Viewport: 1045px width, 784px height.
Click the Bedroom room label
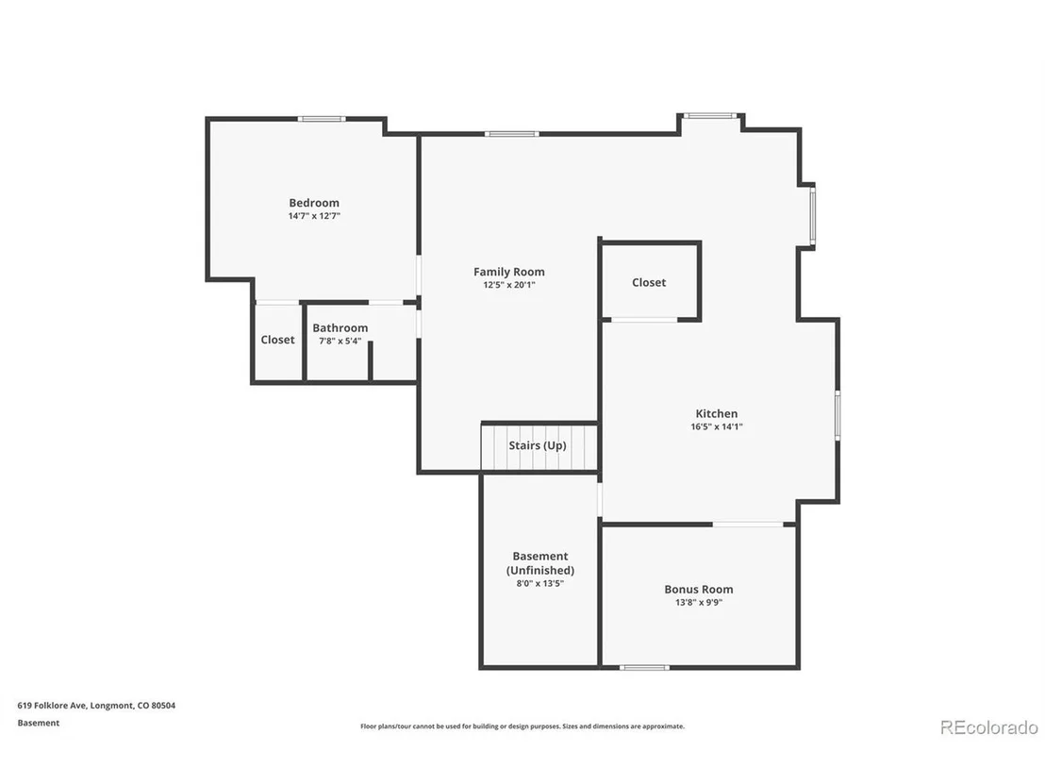pyautogui.click(x=314, y=203)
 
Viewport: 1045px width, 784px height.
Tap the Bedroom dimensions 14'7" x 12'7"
pyautogui.click(x=314, y=216)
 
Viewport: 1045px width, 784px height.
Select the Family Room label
pyautogui.click(x=509, y=272)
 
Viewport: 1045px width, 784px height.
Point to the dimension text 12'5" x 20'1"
pyautogui.click(x=509, y=285)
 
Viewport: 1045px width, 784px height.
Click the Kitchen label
pyautogui.click(x=717, y=413)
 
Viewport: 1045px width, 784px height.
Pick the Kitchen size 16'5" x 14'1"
pyautogui.click(x=717, y=426)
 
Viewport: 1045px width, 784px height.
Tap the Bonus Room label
pyautogui.click(x=699, y=590)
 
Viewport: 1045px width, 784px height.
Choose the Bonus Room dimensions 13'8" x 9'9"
pyautogui.click(x=699, y=603)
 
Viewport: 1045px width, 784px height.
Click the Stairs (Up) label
pyautogui.click(x=538, y=445)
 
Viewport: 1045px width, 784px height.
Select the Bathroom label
pyautogui.click(x=340, y=328)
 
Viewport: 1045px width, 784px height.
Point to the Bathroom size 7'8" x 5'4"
pyautogui.click(x=340, y=342)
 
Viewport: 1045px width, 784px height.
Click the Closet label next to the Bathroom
pyautogui.click(x=277, y=340)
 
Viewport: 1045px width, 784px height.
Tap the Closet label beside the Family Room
pyautogui.click(x=649, y=283)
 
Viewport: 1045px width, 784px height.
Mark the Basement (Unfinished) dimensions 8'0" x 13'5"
pyautogui.click(x=539, y=583)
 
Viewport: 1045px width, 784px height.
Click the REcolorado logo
pyautogui.click(x=989, y=727)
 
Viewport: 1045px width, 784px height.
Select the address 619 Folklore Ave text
pyautogui.click(x=53, y=706)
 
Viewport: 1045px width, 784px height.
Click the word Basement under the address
pyautogui.click(x=39, y=723)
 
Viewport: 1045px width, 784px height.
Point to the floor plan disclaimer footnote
pyautogui.click(x=522, y=726)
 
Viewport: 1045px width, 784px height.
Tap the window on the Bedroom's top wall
pyautogui.click(x=322, y=119)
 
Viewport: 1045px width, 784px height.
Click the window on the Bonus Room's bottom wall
pyautogui.click(x=644, y=667)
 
